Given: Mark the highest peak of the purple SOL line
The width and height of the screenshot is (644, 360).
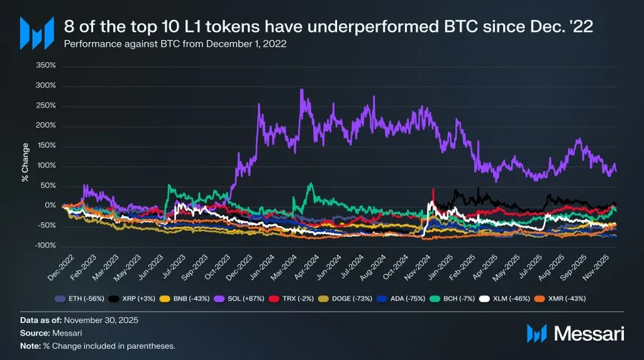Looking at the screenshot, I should pos(302,90).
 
